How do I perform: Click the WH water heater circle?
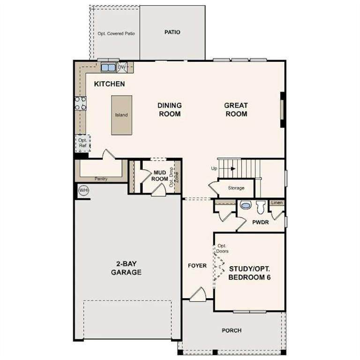pos(83,190)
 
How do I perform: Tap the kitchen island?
pos(122,115)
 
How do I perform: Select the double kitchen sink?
pos(108,67)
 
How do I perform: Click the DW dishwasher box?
pos(122,67)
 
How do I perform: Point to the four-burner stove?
pos(80,103)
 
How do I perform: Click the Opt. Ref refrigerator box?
pos(82,143)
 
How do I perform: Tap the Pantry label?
pos(101,179)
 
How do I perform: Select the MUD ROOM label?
pos(159,176)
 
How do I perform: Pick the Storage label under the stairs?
pos(236,188)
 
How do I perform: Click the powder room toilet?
pos(261,207)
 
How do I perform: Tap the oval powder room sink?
pos(246,205)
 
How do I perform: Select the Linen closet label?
pos(277,202)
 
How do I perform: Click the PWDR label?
pos(260,222)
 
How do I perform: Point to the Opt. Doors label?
pos(222,248)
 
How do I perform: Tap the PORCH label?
pos(232,330)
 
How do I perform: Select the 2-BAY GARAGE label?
pos(126,268)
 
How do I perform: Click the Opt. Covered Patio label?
pos(116,34)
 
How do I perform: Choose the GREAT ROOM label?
pos(236,110)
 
